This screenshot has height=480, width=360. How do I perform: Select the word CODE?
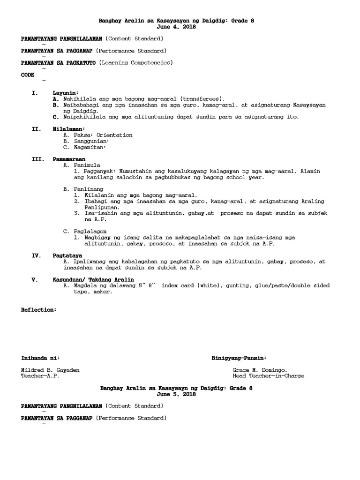(x=28, y=75)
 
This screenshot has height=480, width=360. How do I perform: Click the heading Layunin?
(x=66, y=93)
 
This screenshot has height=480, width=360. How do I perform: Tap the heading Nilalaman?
(x=69, y=128)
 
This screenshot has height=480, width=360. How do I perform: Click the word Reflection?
(x=39, y=310)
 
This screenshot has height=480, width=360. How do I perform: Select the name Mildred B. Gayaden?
(x=51, y=370)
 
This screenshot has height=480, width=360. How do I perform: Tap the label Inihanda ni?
(x=41, y=358)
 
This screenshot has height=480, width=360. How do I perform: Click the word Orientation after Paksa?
(x=114, y=135)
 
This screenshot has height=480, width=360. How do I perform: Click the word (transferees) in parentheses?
(x=202, y=99)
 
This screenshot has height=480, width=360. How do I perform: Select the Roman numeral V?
(x=34, y=279)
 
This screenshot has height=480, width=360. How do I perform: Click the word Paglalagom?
(x=90, y=231)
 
